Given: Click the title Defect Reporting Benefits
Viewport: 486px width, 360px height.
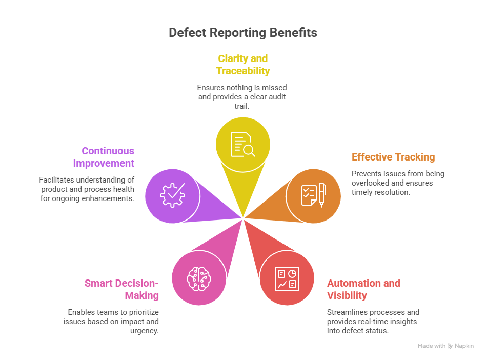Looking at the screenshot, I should (243, 33).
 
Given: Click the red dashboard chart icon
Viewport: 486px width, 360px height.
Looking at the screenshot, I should (287, 278).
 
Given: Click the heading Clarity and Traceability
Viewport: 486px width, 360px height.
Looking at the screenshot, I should (243, 65).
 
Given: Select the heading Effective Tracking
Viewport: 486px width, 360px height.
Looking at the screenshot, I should (393, 157).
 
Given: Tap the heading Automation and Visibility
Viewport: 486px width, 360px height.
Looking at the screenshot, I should (364, 289).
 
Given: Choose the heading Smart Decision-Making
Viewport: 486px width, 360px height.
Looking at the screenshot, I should (122, 289).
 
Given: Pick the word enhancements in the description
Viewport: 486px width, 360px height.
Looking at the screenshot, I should (109, 198).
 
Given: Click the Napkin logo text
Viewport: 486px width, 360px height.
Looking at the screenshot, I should (464, 346).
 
